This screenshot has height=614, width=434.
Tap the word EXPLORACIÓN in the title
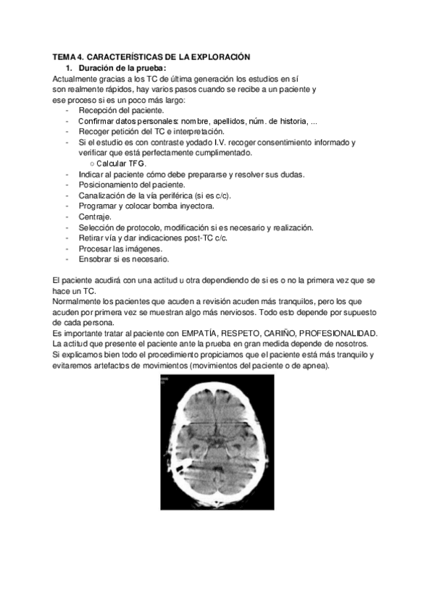[x=218, y=56]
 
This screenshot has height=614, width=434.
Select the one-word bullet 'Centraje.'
[x=96, y=216]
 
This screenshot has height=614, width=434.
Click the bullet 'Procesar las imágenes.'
[x=120, y=248]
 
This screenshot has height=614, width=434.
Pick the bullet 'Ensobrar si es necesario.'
[x=124, y=258]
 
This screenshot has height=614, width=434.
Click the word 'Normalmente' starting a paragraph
[x=78, y=300]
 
